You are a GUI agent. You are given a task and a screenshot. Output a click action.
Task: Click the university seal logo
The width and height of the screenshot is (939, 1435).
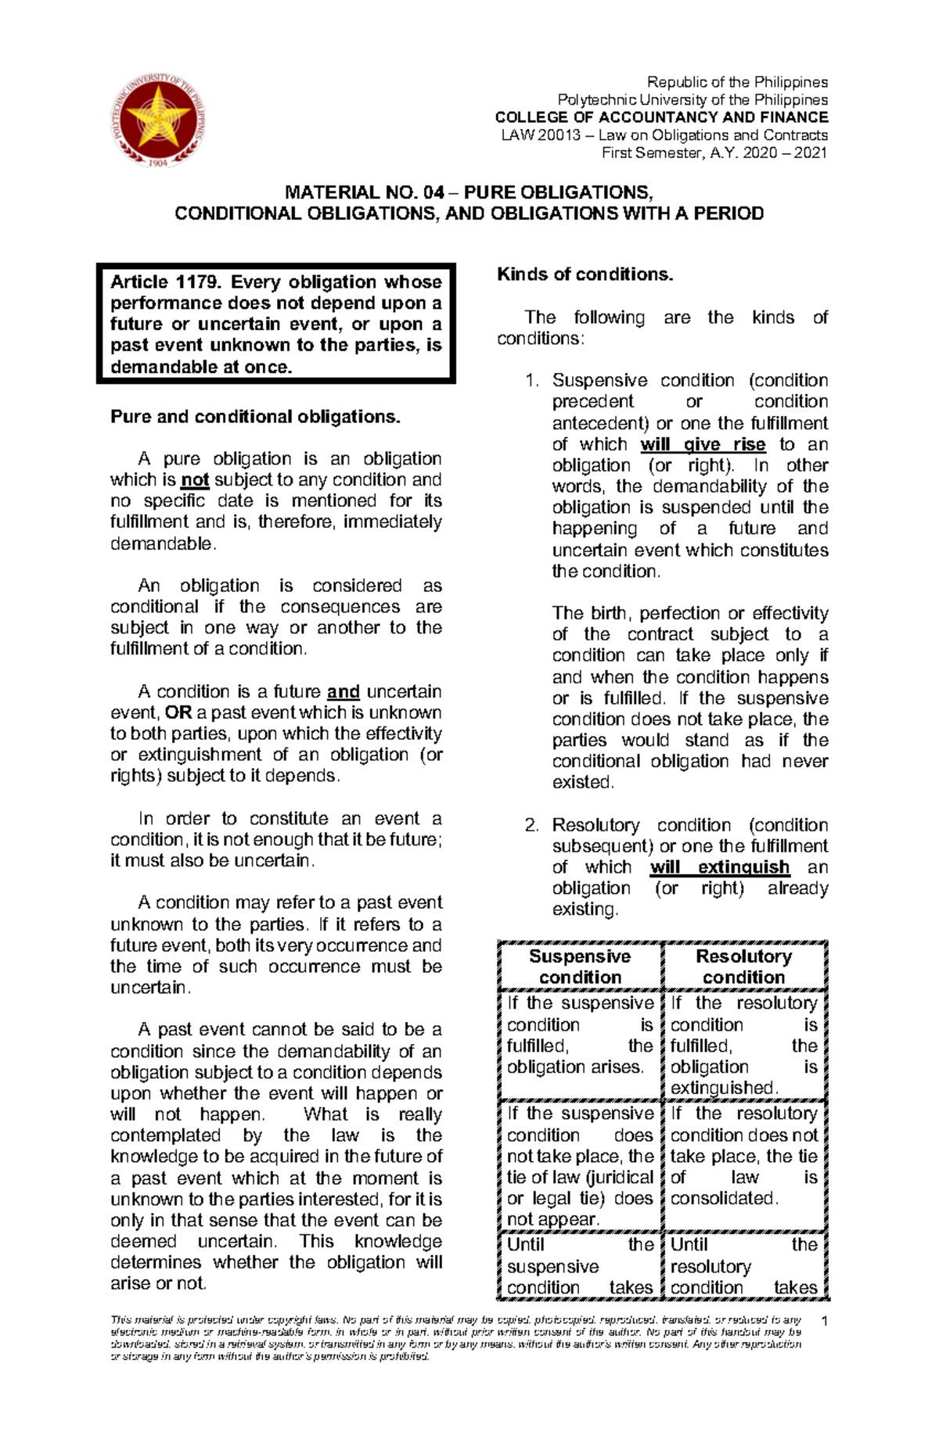pyautogui.click(x=160, y=119)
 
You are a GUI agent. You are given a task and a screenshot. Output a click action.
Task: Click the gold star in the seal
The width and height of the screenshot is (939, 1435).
pyautogui.click(x=159, y=116)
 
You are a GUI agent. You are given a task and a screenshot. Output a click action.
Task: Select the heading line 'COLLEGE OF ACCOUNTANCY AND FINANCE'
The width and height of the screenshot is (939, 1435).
pyautogui.click(x=661, y=117)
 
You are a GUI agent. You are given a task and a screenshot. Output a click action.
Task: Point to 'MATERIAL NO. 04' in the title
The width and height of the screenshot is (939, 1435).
pyautogui.click(x=364, y=192)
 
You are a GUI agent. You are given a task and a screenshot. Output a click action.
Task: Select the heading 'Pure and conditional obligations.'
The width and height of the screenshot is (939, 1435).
pyautogui.click(x=255, y=417)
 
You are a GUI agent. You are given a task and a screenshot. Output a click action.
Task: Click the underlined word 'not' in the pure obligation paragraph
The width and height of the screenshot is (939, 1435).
pyautogui.click(x=195, y=480)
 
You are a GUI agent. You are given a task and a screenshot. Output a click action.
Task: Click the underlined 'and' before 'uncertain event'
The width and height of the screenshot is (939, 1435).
pyautogui.click(x=343, y=691)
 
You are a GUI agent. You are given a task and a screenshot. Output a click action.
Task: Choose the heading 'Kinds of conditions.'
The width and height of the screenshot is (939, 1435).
pyautogui.click(x=585, y=274)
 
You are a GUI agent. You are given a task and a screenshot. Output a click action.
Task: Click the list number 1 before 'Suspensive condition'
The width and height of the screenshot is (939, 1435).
pyautogui.click(x=532, y=381)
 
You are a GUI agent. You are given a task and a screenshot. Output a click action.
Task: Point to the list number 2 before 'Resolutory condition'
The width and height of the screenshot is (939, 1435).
pyautogui.click(x=532, y=825)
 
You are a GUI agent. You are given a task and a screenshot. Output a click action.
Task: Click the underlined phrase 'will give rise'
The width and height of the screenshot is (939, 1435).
pyautogui.click(x=702, y=444)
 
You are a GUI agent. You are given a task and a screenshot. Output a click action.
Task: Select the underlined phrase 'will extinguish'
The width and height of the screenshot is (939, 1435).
pyautogui.click(x=719, y=867)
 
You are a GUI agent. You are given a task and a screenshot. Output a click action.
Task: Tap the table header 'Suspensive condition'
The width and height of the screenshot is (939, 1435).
pyautogui.click(x=580, y=967)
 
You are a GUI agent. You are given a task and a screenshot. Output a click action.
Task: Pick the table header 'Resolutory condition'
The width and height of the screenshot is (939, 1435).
pyautogui.click(x=743, y=967)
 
